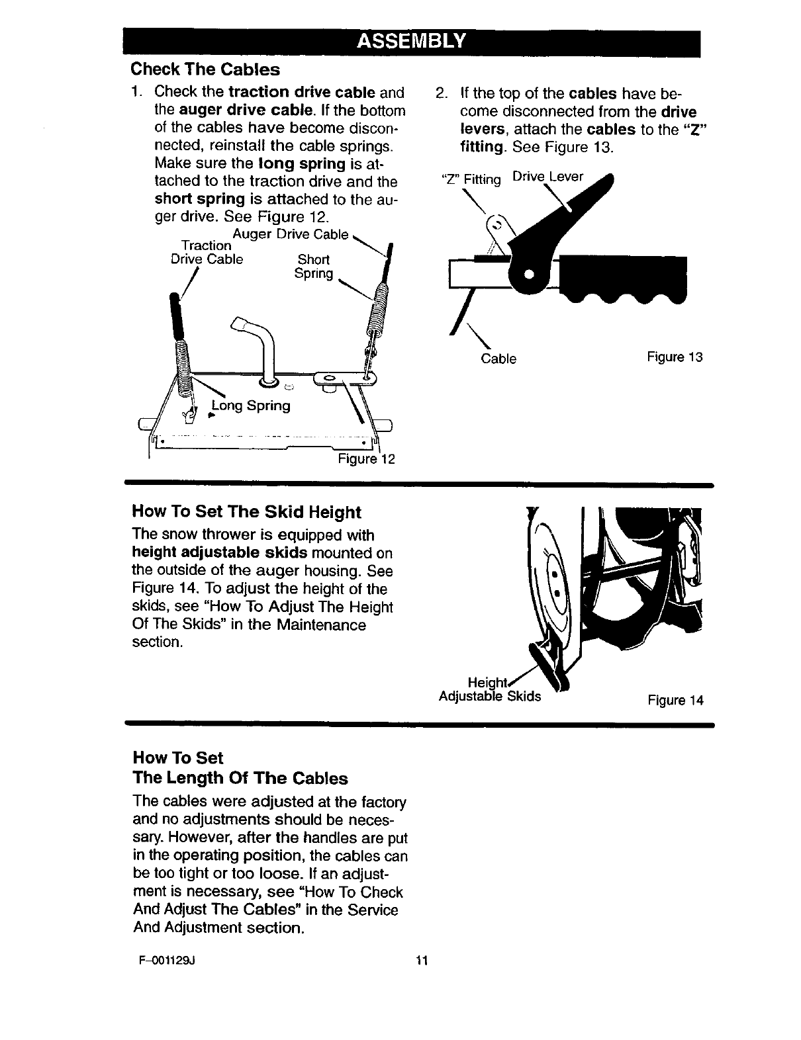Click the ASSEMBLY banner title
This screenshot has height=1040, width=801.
[x=412, y=42]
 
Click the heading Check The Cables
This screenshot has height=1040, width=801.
[x=205, y=69]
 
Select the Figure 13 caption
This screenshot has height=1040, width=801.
[x=675, y=357]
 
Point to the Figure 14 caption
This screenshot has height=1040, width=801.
[x=676, y=700]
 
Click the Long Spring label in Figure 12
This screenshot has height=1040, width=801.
[x=250, y=406]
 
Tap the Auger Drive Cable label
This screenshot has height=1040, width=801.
[x=291, y=234]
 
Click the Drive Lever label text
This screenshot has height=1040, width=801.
[x=549, y=177]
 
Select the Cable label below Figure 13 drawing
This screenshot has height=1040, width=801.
[x=498, y=359]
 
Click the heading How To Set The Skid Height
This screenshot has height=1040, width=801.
[x=247, y=512]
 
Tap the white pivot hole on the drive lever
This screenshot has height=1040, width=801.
[x=528, y=274]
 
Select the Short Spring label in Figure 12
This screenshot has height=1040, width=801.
[x=314, y=266]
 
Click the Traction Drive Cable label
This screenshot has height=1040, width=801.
[x=207, y=252]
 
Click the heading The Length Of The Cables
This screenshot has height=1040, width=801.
[x=240, y=777]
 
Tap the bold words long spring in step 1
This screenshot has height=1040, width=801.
[x=309, y=163]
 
